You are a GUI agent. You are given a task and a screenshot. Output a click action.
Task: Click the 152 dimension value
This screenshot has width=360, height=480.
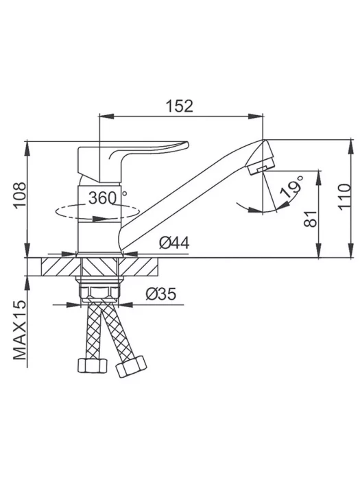(180, 106)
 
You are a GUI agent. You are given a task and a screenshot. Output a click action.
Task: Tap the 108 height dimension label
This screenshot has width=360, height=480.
(21, 195)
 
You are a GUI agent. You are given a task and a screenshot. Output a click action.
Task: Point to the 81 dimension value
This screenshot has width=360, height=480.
(311, 219)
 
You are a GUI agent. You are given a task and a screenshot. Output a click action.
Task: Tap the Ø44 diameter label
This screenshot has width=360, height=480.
(174, 243)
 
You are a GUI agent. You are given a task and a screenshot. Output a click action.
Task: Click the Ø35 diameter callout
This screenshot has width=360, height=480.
(161, 294)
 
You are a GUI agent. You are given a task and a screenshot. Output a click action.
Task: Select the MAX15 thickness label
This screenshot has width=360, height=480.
(21, 330)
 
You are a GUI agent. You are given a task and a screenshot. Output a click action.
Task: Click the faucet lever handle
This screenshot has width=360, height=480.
(129, 159)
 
